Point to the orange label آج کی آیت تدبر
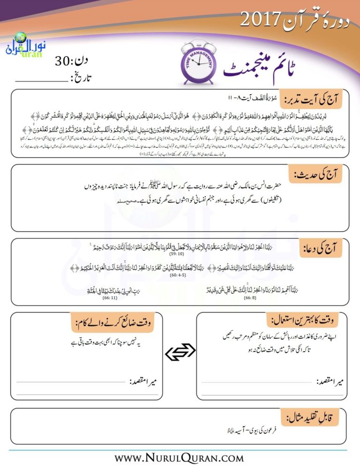(310, 97)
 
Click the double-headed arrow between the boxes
(180, 352)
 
